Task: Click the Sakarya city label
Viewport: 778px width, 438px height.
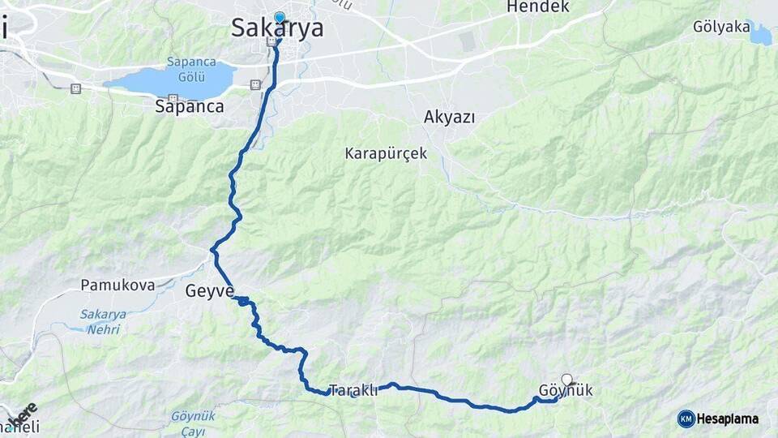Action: [277, 28]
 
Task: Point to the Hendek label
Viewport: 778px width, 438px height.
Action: [538, 7]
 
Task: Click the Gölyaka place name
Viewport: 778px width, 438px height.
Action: [721, 27]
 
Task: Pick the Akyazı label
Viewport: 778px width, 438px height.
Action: [449, 117]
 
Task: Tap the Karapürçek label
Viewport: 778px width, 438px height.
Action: [386, 153]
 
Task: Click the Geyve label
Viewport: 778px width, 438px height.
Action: [210, 291]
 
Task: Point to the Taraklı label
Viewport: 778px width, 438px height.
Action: [354, 390]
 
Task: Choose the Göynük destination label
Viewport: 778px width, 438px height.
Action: [566, 392]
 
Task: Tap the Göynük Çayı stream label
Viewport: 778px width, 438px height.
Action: [193, 423]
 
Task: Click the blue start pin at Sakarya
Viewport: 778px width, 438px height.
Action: [280, 18]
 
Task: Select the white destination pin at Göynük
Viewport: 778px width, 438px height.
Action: [566, 379]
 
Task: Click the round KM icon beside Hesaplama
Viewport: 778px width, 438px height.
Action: [686, 419]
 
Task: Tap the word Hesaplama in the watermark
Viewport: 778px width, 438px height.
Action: [728, 419]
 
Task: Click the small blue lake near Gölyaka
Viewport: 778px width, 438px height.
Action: [761, 35]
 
